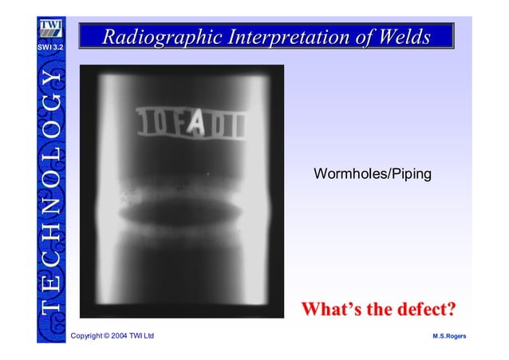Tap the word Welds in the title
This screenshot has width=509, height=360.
(406, 37)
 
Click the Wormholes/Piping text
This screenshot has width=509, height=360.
(373, 173)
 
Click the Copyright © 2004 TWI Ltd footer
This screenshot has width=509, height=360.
(112, 336)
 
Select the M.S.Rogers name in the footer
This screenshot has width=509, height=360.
(449, 336)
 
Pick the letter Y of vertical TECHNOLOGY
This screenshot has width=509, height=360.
(49, 78)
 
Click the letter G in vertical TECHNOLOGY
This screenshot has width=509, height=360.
(49, 103)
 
